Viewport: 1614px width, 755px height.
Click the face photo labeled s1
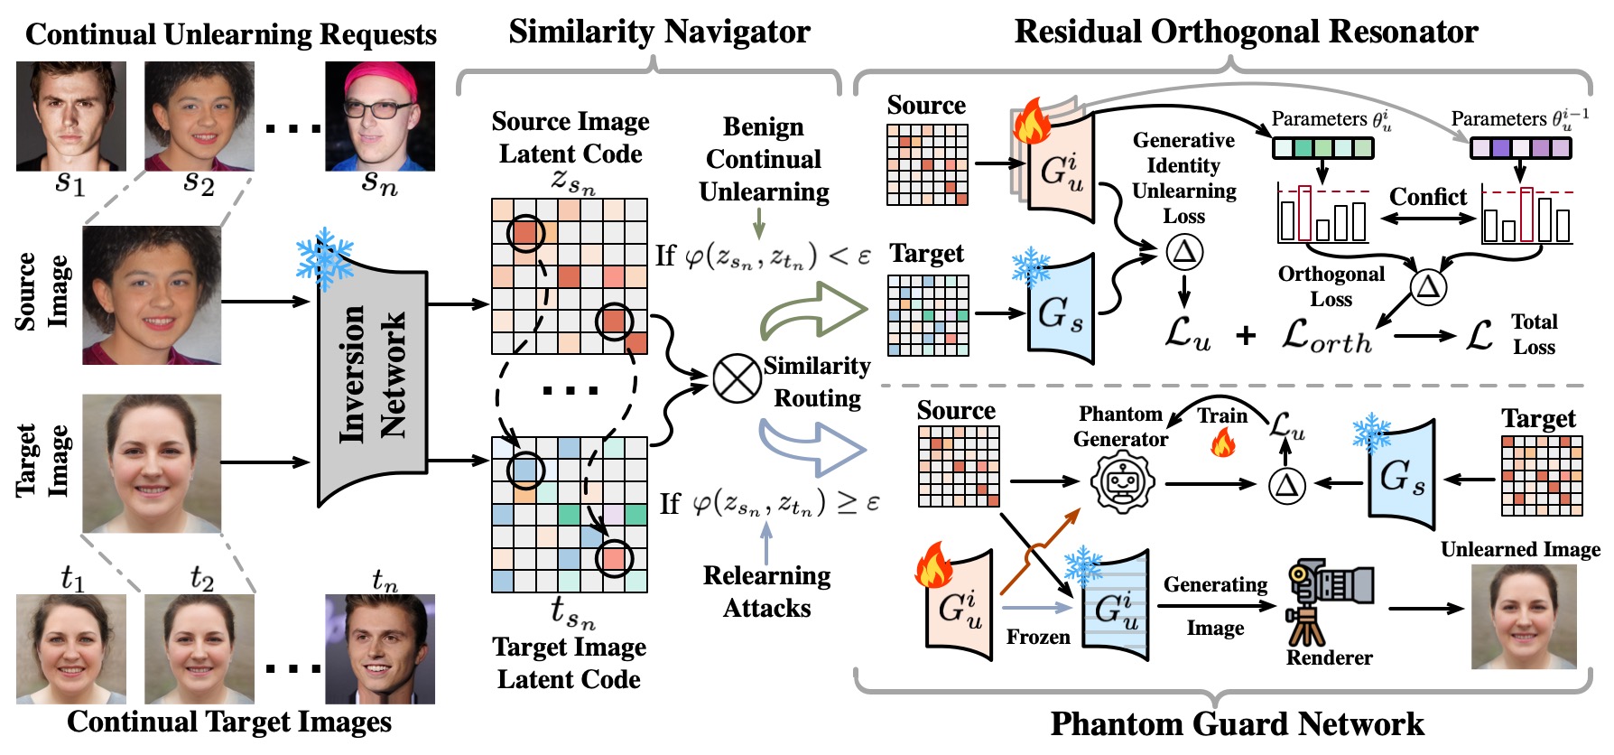[71, 116]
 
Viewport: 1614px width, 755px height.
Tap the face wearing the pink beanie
[380, 116]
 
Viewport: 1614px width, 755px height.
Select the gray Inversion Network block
[372, 379]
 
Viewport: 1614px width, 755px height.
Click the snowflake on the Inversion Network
[324, 257]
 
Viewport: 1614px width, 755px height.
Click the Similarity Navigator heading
[659, 33]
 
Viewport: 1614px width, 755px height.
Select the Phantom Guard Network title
[1237, 724]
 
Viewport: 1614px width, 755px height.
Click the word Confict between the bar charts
[1427, 197]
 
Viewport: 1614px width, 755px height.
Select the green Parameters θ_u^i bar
[1322, 147]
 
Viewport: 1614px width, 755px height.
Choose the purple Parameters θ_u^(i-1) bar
[1521, 147]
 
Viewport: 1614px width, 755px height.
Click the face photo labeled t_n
[380, 648]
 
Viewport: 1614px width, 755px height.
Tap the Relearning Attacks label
[766, 592]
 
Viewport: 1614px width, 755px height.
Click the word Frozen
[1038, 638]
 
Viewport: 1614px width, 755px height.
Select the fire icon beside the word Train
[1223, 443]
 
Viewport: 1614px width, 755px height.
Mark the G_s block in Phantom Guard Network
[1402, 474]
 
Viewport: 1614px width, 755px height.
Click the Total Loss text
[1534, 334]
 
